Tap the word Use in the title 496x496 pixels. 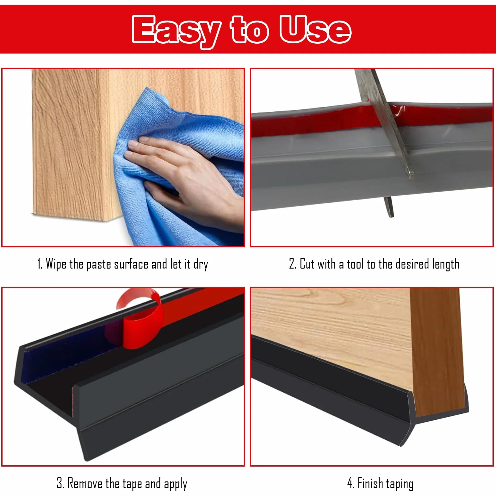click(315, 29)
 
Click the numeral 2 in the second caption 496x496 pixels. click(292, 263)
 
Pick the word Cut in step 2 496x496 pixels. click(306, 263)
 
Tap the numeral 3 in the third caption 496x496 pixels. click(59, 483)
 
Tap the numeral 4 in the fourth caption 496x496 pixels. click(350, 483)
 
